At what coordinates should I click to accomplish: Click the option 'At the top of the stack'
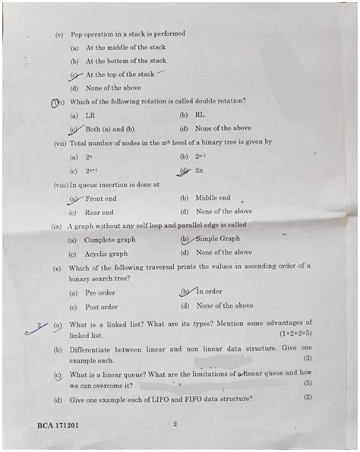(119, 74)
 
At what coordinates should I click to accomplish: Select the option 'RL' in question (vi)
(200, 115)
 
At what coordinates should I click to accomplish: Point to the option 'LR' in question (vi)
(90, 115)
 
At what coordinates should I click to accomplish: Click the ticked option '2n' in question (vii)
(200, 171)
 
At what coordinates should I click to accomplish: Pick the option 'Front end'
(100, 198)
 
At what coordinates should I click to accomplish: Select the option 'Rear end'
(99, 212)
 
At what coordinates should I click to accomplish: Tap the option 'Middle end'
(213, 198)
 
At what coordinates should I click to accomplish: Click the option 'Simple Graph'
(218, 239)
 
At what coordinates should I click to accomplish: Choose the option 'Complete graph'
(109, 239)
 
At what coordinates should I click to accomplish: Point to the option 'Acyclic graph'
(106, 253)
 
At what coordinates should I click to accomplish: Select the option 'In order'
(209, 292)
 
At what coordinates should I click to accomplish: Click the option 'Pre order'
(100, 292)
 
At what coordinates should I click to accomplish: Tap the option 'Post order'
(101, 306)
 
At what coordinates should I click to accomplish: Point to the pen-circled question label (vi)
(56, 102)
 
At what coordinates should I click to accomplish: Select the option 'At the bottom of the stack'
(125, 61)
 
